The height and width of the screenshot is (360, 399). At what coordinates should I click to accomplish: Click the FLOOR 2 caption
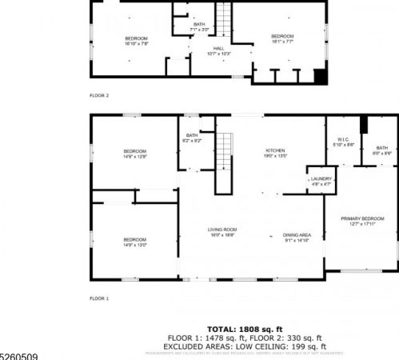tap(99, 94)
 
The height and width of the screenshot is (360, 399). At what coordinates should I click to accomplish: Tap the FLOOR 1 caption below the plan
tap(99, 298)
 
